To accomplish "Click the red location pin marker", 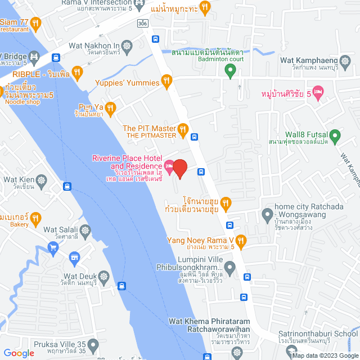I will point(179,168).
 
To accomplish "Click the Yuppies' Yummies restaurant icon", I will point(166,83).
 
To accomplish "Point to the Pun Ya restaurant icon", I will point(111,107).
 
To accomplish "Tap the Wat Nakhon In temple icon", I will point(128,46).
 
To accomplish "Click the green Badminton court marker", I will point(229,70).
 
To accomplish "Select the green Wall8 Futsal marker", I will point(335,135).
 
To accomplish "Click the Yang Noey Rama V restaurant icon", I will point(241,241).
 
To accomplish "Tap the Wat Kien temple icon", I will point(42,181).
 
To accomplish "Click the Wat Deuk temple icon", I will point(104,277).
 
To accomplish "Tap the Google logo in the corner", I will point(19,353).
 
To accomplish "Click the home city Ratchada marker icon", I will point(267,214).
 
